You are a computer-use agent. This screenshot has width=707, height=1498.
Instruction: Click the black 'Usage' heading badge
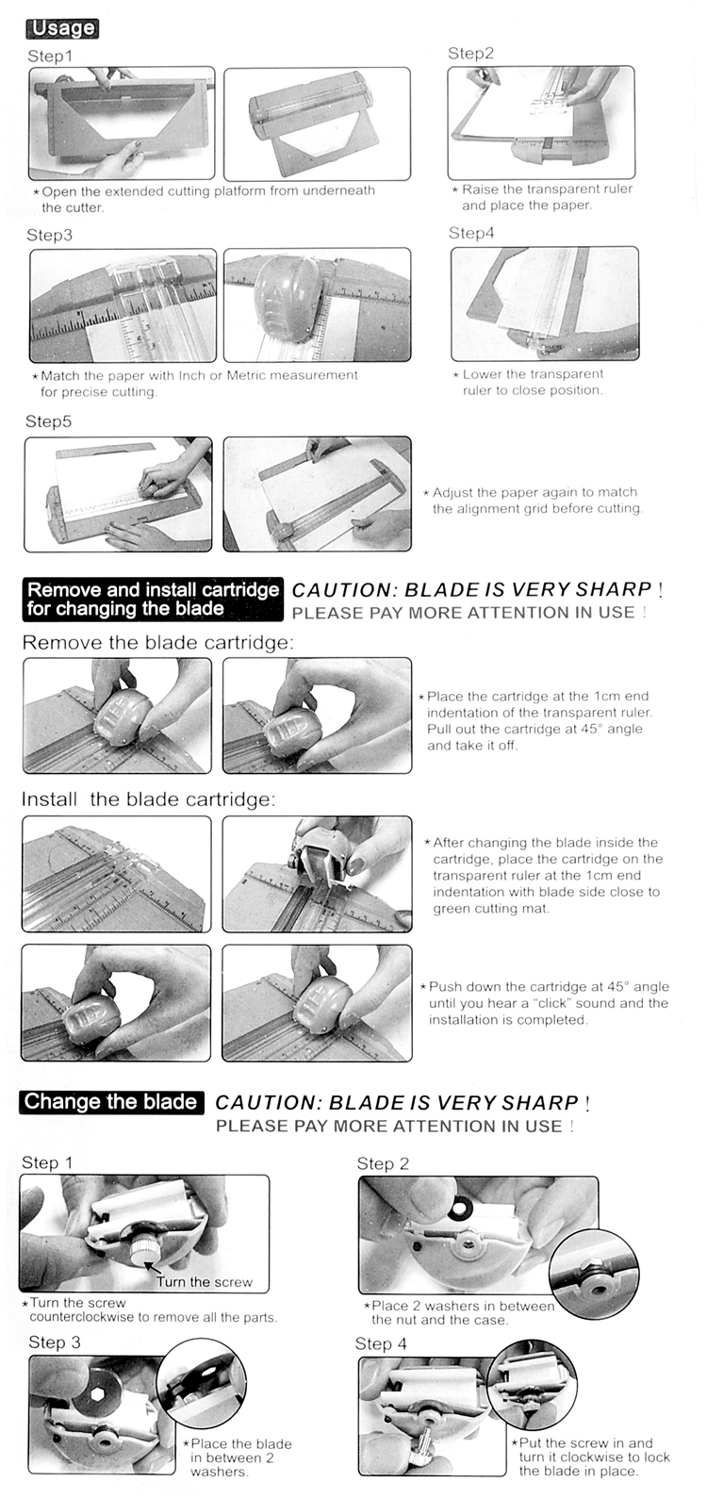point(63,28)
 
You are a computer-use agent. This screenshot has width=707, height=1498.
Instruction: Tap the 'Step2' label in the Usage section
point(471,54)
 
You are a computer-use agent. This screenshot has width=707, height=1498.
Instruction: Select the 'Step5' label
point(48,421)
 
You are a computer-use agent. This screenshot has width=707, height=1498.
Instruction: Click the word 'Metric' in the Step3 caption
point(247,375)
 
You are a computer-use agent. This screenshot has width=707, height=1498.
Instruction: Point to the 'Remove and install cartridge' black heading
point(153,590)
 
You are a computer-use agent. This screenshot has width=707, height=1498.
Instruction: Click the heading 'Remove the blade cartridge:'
point(157,643)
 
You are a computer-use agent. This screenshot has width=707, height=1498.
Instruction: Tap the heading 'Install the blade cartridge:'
point(149,799)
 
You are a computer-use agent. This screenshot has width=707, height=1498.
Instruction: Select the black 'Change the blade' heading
point(110,1102)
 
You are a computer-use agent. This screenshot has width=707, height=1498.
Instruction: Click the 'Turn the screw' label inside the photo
point(205,1282)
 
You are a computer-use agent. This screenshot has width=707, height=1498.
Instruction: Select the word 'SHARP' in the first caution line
point(614,589)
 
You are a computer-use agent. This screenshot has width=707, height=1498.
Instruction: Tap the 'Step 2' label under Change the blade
point(383,1163)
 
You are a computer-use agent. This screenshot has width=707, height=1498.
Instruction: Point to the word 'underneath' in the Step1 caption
point(339,190)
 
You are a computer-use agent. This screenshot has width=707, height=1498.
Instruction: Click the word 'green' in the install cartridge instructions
point(451,909)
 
